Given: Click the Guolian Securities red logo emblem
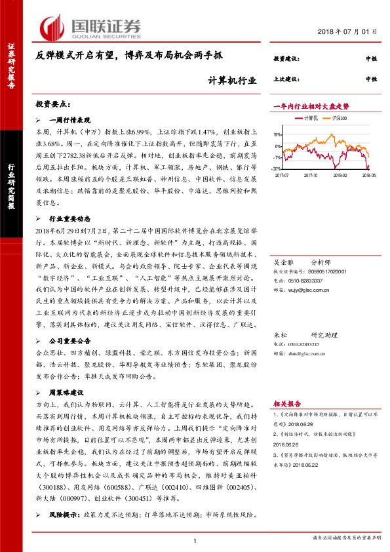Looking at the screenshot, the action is point(51,26).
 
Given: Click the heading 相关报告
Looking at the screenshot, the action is point(286,404).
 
